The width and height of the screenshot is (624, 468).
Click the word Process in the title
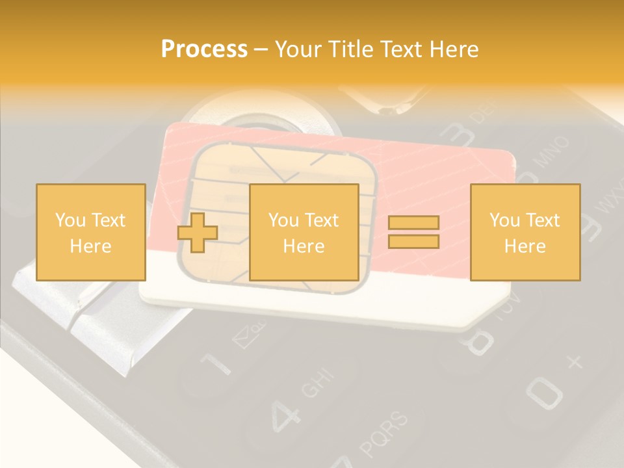[x=204, y=49]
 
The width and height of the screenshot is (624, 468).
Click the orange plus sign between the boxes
[x=198, y=233]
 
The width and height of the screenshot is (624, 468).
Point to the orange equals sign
[x=413, y=232]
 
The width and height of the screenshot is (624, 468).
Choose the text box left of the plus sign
[x=90, y=232]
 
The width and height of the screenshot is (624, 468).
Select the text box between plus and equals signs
[x=304, y=232]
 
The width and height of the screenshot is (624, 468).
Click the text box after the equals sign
[x=525, y=232]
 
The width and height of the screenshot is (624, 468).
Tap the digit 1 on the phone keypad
[x=216, y=365]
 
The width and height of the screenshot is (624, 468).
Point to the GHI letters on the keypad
[x=318, y=383]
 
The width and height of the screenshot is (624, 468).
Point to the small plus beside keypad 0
[x=575, y=361]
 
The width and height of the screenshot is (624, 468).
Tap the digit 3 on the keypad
[x=458, y=134]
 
